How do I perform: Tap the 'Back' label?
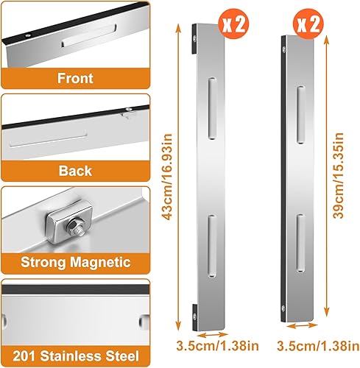coord(75,171)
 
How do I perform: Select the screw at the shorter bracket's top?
coord(286,51)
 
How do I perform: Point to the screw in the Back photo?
coord(128,113)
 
